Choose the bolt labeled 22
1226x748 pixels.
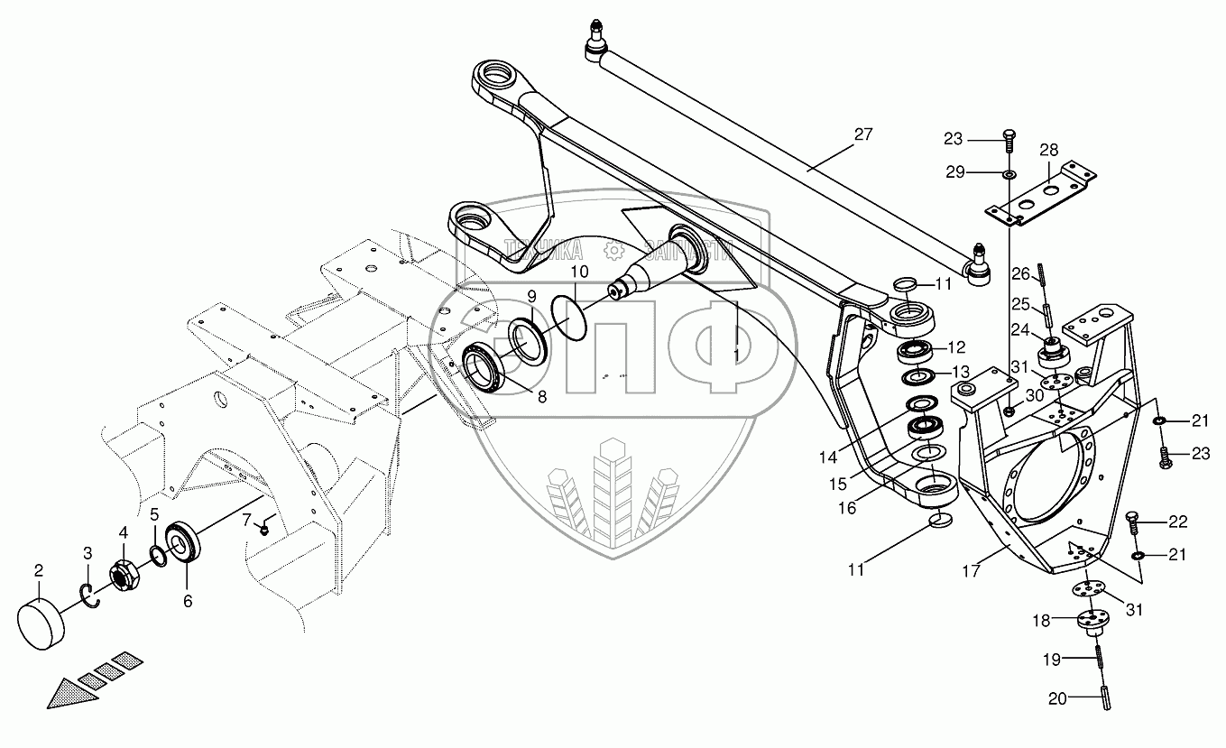(1135, 520)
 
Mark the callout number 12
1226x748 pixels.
(955, 346)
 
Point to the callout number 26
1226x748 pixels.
(1019, 272)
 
